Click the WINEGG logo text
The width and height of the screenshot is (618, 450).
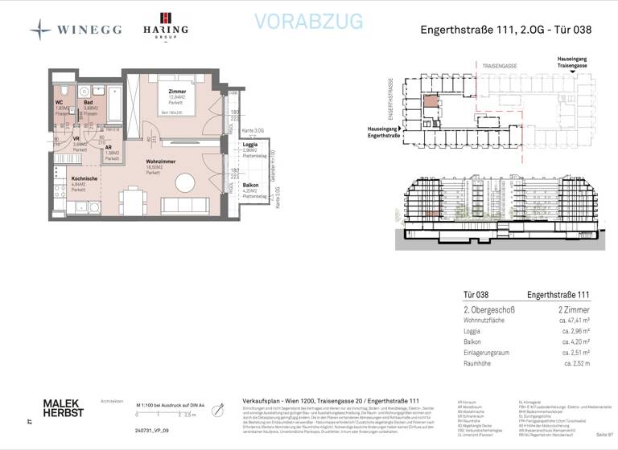pyautogui.click(x=89, y=29)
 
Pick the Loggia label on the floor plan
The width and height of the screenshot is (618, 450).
pyautogui.click(x=250, y=145)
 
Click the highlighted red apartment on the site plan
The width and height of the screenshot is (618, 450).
pyautogui.click(x=431, y=101)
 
